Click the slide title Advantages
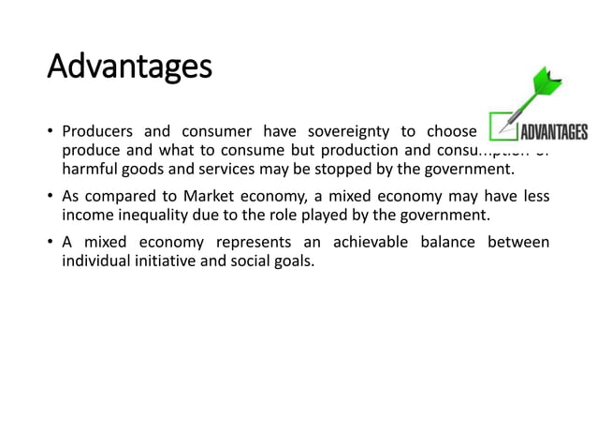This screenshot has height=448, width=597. pos(129,67)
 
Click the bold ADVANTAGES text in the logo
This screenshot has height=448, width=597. pos(553,132)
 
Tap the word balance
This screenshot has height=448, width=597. pos(446,243)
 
